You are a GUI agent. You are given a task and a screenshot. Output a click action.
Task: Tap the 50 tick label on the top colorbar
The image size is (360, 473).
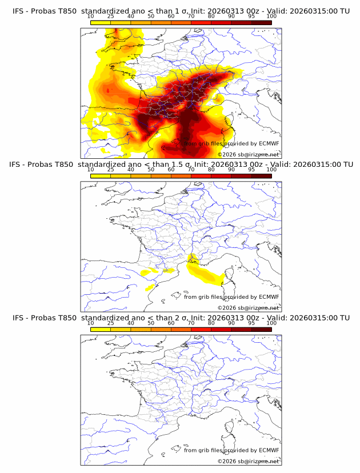151,16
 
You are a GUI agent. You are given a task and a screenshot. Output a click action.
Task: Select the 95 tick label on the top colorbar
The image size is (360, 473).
251,16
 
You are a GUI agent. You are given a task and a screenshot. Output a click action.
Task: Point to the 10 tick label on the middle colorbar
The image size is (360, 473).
91,170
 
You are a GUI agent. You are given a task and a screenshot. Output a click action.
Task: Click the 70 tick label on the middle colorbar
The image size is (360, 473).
191,170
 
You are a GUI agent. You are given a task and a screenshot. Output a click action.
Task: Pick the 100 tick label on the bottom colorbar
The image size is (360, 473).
271,323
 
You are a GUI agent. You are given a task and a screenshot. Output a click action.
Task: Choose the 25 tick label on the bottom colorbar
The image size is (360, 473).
111,323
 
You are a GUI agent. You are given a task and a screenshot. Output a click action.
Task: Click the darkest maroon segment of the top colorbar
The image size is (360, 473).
261,22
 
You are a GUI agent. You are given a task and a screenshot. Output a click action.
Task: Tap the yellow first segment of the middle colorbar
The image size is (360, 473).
101,176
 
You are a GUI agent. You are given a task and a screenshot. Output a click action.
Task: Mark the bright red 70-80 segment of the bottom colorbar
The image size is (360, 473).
201,330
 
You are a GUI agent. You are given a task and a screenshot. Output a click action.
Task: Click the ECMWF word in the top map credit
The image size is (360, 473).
269,144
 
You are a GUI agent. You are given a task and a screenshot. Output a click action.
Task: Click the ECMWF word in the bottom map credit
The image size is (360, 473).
269,450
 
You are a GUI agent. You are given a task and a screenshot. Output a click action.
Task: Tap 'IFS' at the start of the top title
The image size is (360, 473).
18,10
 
